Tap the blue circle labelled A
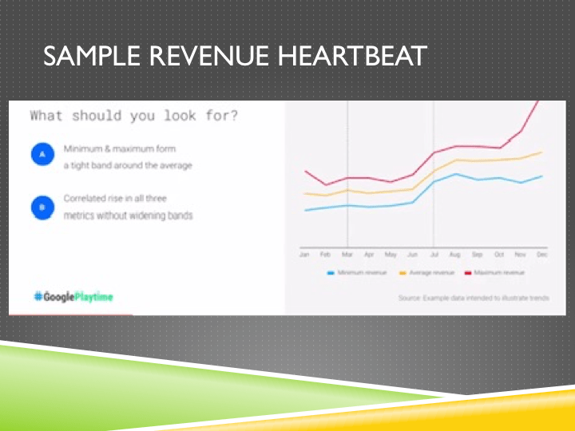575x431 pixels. [42, 154]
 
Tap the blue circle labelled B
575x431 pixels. [42, 207]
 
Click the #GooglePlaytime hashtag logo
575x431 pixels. [73, 297]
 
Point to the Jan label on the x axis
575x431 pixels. [304, 254]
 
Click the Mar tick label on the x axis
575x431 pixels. [347, 254]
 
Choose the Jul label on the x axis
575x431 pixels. [434, 254]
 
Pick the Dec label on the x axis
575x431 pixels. [541, 254]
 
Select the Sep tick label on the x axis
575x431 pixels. [477, 254]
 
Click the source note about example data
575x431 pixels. [474, 298]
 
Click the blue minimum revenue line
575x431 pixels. [391, 205]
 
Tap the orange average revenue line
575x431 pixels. [391, 191]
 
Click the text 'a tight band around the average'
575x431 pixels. [129, 166]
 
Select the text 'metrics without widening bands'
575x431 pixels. [129, 215]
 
